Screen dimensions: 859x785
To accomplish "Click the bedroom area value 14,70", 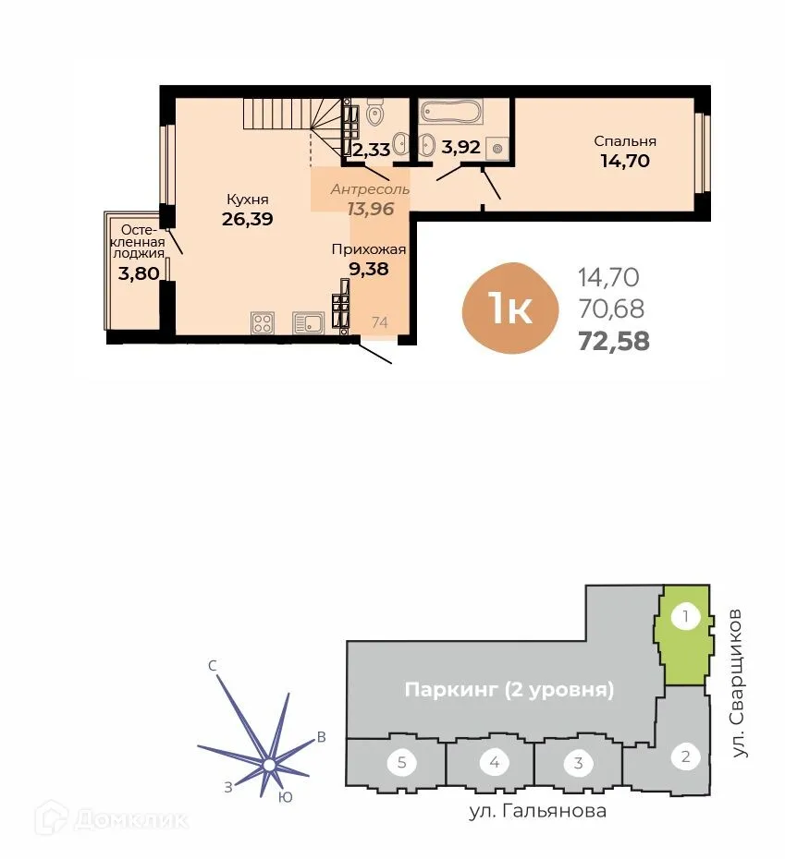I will coord(625,161).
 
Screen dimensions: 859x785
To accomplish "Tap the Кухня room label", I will coord(248,199).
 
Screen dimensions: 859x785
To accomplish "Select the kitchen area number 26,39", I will coord(248,219).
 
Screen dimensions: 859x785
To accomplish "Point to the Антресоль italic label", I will coord(370,189).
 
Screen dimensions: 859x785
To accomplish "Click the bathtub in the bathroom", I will coord(451,114).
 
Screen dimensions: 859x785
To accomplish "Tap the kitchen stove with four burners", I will coord(263,322).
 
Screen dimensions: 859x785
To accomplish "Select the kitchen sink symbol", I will coord(308,322).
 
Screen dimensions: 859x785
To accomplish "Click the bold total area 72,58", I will coord(613,340).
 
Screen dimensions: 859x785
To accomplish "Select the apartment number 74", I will coord(379,322).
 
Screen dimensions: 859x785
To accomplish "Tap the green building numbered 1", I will coord(684,637).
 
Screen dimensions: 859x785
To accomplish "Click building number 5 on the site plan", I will coord(401,763).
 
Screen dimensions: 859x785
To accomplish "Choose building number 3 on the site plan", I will coord(578,763).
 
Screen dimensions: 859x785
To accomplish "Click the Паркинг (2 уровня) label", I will coord(509,690).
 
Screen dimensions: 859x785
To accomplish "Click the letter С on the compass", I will coord(212,665).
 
